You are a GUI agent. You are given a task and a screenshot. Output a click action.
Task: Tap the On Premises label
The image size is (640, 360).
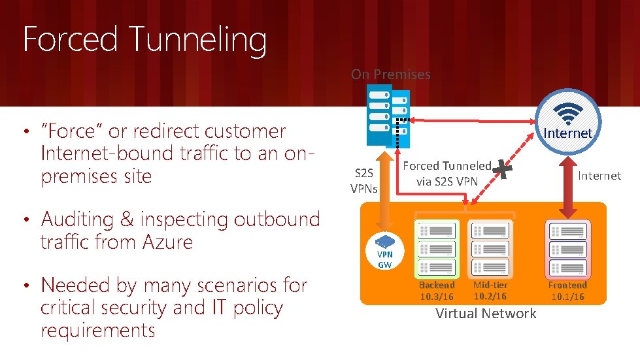[x=390, y=74]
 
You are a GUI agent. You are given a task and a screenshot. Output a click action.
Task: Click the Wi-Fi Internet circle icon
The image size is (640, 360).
[x=567, y=118]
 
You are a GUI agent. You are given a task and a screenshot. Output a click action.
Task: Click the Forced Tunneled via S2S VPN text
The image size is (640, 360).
[x=447, y=173]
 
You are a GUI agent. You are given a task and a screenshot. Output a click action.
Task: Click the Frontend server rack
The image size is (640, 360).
[x=567, y=248]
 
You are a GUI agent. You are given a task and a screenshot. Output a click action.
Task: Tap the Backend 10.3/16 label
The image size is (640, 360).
[x=436, y=291]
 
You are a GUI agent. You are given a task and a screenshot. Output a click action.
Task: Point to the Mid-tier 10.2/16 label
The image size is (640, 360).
[x=490, y=291]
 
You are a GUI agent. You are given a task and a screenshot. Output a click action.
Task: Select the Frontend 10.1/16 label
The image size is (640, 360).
[x=567, y=291]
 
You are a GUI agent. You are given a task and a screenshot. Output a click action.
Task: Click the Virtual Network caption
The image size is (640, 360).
[x=486, y=314]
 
